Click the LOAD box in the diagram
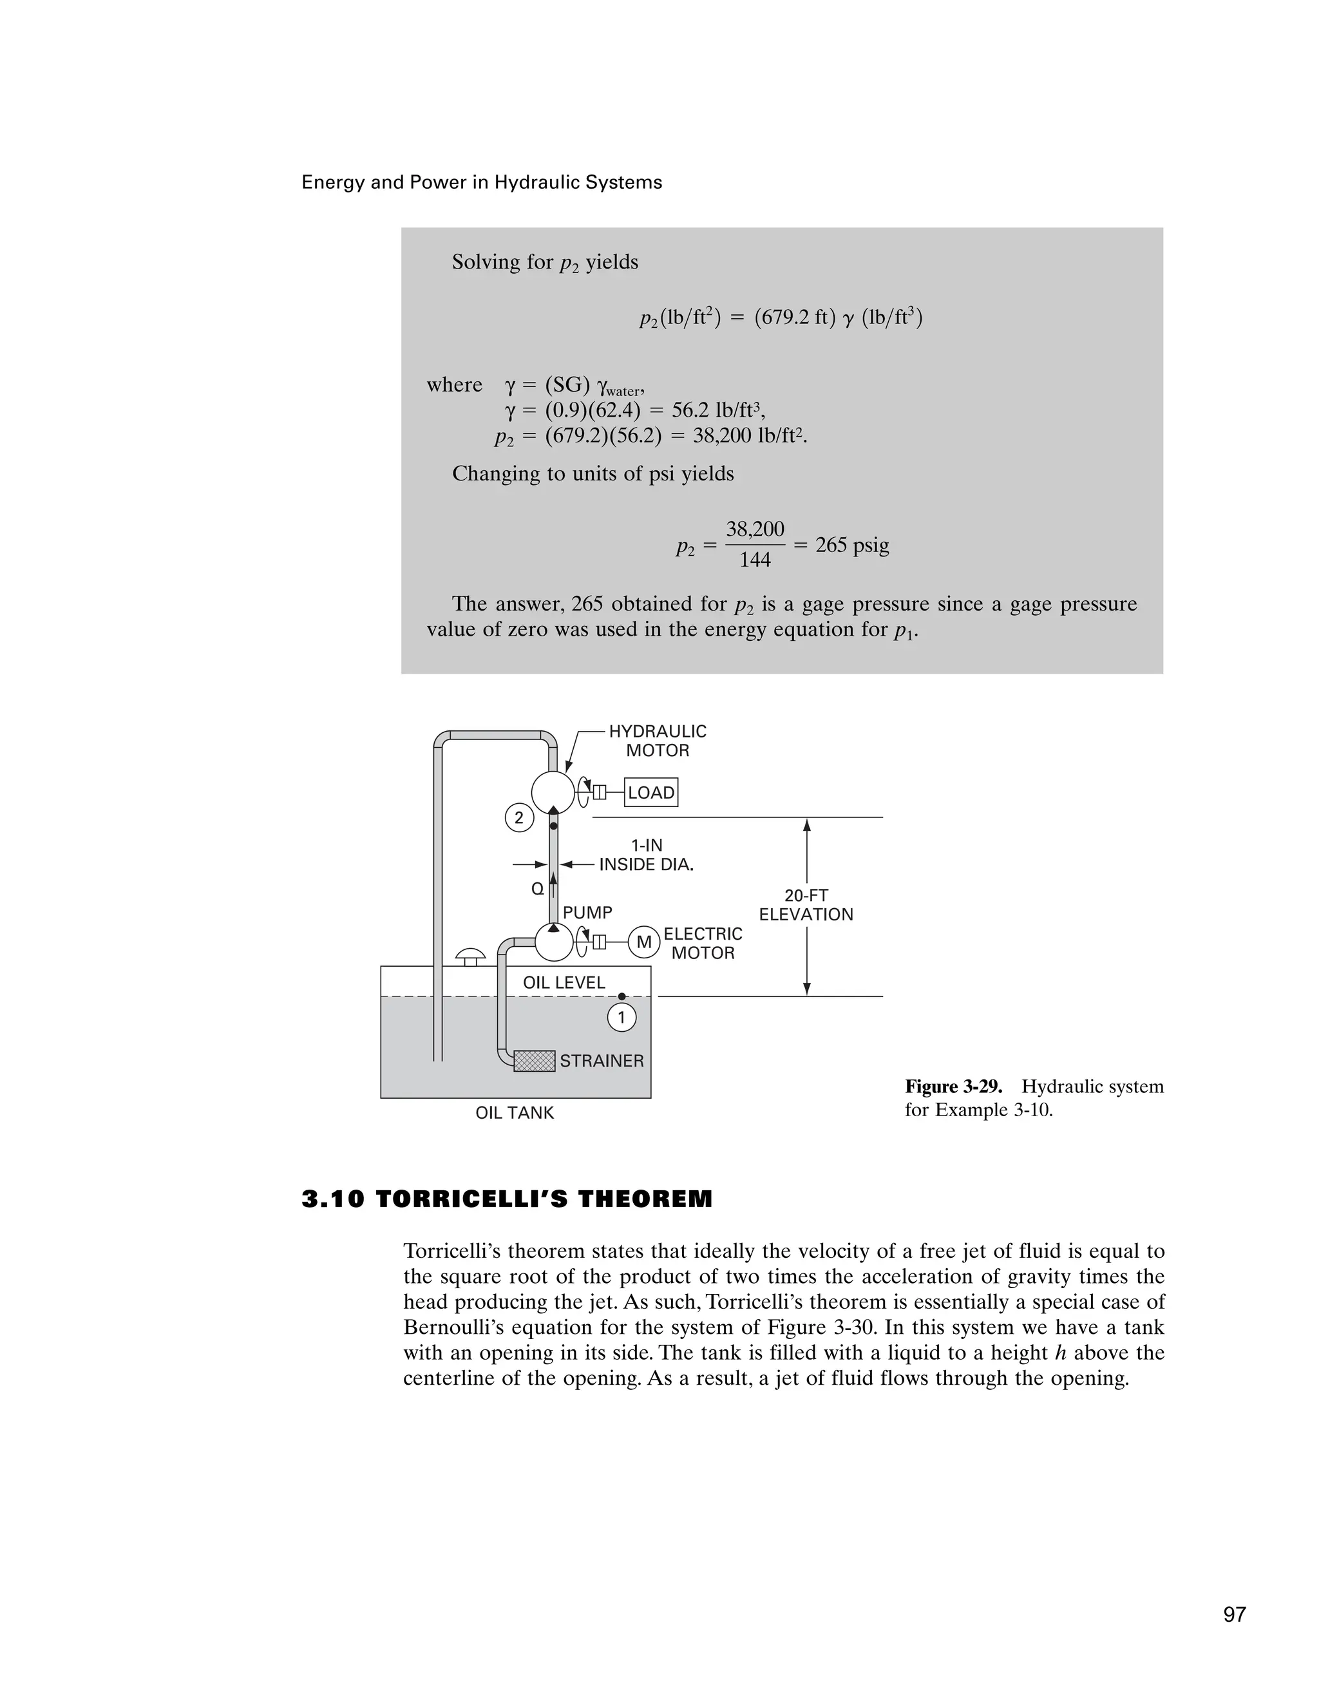651,792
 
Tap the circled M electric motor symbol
644,942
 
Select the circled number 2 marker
519,818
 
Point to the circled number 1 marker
622,1017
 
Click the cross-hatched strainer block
534,1061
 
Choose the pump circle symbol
555,942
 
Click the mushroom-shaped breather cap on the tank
470,956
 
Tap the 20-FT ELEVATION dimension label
806,905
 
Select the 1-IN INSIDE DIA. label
645,855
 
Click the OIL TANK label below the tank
515,1113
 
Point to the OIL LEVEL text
564,983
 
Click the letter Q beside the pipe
537,889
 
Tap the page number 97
1234,1615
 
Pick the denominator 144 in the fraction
754,559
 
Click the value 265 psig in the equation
852,545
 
